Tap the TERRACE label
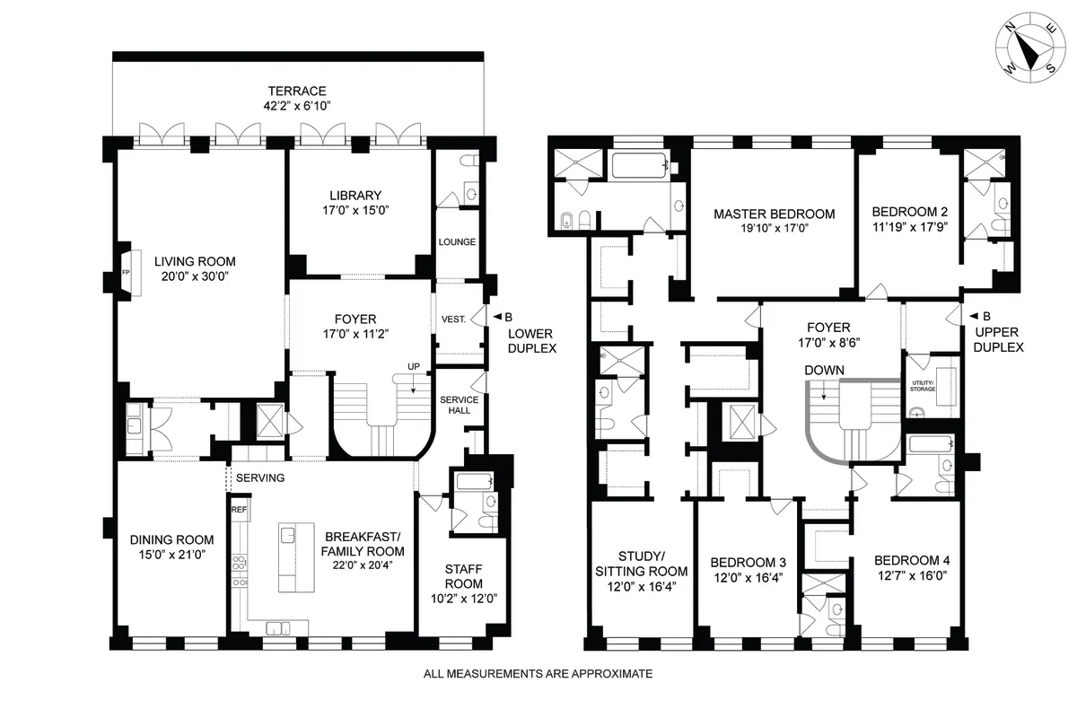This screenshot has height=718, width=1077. point(296,92)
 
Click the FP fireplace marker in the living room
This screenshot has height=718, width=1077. point(126,270)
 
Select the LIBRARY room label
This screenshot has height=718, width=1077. point(355,196)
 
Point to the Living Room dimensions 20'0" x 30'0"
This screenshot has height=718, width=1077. point(195,277)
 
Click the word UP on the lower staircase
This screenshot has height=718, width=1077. point(413,367)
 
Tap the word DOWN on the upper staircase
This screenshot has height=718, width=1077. point(825,370)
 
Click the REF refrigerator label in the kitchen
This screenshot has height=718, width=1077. point(239,510)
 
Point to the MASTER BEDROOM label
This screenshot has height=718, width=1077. point(774,215)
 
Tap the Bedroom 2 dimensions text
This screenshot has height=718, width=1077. point(909,229)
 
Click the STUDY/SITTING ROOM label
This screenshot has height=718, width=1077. point(642,563)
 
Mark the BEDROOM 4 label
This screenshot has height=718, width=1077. point(911,560)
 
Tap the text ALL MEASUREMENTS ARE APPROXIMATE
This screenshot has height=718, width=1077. point(538,672)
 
